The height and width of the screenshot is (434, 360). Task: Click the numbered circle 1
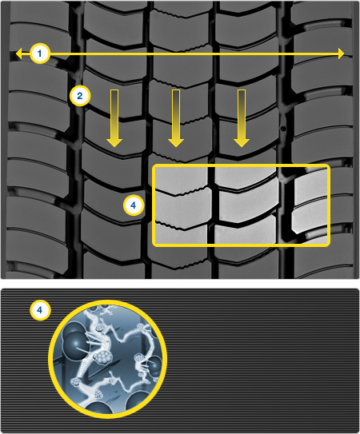40,53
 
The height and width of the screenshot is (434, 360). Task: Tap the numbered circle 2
80,96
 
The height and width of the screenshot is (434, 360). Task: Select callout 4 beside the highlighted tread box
134,205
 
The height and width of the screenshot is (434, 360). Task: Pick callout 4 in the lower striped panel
40,310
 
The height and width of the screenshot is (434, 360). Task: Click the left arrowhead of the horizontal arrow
19,54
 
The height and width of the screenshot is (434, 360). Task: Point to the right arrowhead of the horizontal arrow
341,54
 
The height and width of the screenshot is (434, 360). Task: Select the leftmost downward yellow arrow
114,118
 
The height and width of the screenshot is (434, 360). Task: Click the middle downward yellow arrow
176,118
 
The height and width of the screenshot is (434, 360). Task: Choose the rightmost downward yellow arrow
242,118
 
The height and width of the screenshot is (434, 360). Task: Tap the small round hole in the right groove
283,129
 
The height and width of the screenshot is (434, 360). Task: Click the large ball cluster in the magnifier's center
102,357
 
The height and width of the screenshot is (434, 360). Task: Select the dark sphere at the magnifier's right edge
154,364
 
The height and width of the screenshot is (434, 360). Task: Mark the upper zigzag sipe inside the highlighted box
182,192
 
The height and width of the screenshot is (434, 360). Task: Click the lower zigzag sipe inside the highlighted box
182,225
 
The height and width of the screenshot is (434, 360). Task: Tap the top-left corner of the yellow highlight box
153,165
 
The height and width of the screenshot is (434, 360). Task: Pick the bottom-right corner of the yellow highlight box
330,245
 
